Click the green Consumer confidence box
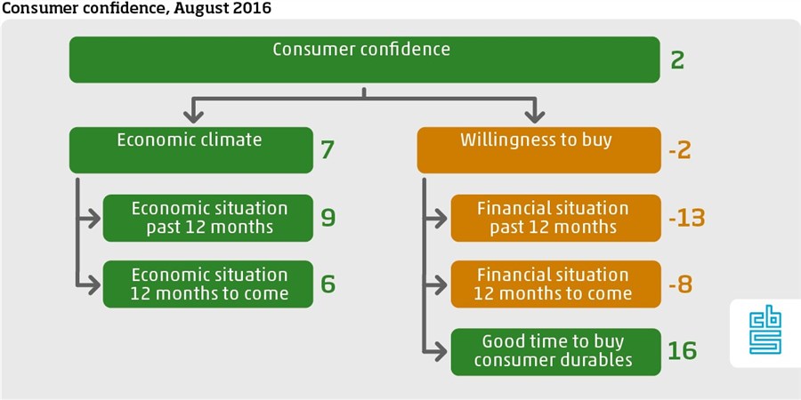point(364,60)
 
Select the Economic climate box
point(191,150)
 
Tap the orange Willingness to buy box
point(539,150)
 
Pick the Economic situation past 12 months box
point(208,218)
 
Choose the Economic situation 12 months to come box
point(208,284)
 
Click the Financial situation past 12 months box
point(555,218)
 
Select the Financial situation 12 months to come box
point(555,284)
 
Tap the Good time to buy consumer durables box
point(555,352)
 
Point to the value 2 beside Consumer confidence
point(677,60)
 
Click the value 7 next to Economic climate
point(328,151)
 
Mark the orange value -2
point(681,151)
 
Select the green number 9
point(328,218)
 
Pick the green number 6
point(328,284)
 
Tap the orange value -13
point(687,218)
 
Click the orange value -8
point(681,284)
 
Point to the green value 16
point(683,350)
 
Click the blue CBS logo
point(765,332)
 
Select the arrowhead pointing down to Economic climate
point(193,116)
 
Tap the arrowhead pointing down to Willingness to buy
point(535,116)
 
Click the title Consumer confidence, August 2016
point(136,8)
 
